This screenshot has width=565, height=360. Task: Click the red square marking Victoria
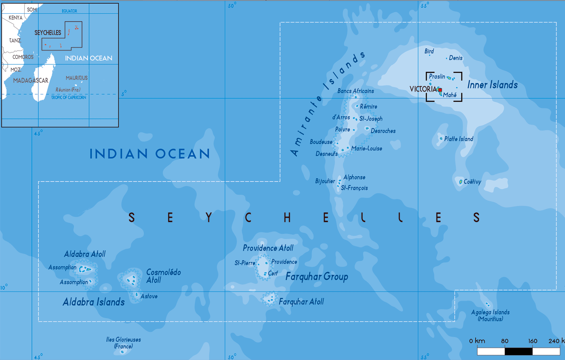[440, 90]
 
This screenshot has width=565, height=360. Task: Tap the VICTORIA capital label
[423, 89]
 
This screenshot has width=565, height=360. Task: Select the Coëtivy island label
[472, 182]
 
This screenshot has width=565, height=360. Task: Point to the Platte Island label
[459, 139]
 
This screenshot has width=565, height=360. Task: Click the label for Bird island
[429, 51]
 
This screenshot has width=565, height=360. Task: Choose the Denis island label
[456, 58]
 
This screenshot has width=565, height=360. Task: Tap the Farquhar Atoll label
[301, 302]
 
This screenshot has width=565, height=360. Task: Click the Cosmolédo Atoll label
[163, 276]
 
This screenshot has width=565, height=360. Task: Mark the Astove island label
[149, 296]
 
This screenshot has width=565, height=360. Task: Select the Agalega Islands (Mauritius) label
[490, 316]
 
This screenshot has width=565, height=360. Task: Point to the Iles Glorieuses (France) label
[123, 343]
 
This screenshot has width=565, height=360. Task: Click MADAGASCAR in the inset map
[31, 81]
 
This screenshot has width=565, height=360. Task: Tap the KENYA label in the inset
[16, 18]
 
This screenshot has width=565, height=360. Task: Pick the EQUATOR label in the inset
[69, 11]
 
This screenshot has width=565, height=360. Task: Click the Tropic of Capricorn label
[69, 98]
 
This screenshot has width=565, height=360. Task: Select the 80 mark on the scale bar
[505, 341]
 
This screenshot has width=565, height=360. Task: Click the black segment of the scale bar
[519, 351]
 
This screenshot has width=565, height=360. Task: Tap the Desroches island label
[383, 131]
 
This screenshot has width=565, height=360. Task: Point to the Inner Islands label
[492, 85]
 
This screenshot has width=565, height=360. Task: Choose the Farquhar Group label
[317, 277]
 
